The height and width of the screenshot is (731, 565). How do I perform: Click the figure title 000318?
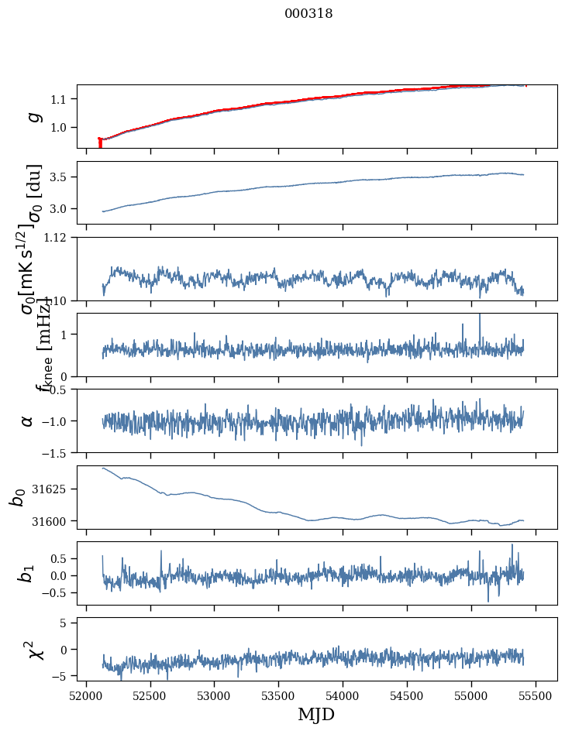(x=308, y=14)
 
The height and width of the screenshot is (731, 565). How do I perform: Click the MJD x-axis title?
(x=316, y=714)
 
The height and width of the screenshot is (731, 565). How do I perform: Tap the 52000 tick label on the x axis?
(x=86, y=695)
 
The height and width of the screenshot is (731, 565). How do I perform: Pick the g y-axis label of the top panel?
(x=33, y=116)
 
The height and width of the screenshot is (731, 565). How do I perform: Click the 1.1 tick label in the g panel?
(x=62, y=99)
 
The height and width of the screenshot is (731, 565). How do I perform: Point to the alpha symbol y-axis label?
(x=28, y=420)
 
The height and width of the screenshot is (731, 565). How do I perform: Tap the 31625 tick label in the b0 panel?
(x=53, y=489)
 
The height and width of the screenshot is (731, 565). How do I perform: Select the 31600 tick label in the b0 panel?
(x=53, y=521)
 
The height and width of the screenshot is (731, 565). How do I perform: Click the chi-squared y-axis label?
(x=33, y=650)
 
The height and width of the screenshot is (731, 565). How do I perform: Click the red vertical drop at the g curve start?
(x=100, y=143)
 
